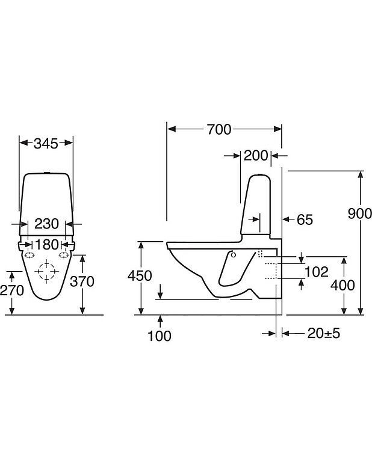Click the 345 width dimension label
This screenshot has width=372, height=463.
(46, 144)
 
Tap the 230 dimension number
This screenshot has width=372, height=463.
(47, 224)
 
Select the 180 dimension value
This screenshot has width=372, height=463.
(47, 245)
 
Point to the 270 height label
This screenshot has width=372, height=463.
(12, 290)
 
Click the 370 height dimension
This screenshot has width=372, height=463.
(82, 281)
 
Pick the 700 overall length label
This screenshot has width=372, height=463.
(219, 130)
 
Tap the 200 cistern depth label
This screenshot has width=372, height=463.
(256, 156)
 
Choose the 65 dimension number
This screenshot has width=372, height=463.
(305, 219)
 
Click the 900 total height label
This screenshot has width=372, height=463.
(359, 213)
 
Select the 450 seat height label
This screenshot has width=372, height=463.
(140, 275)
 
